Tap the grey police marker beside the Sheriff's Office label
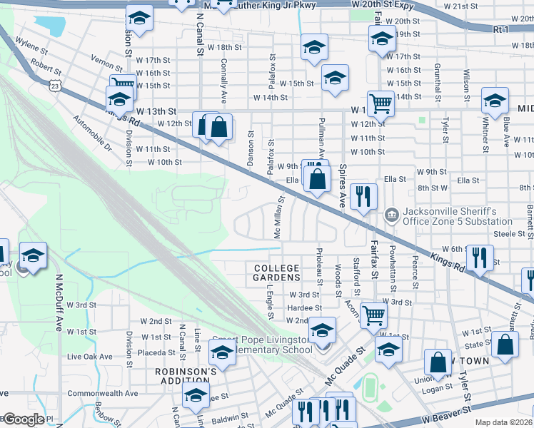tap(391, 214)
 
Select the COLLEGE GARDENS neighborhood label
tap(277, 272)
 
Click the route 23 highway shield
tap(55, 85)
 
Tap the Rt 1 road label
tap(501, 29)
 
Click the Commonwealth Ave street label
tap(102, 393)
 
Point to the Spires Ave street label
tap(342, 186)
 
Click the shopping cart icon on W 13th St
tap(381, 103)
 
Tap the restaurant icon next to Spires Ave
tap(363, 196)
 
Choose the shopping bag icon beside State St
tap(505, 345)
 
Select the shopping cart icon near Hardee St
tap(373, 315)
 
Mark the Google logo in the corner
tap(23, 419)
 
